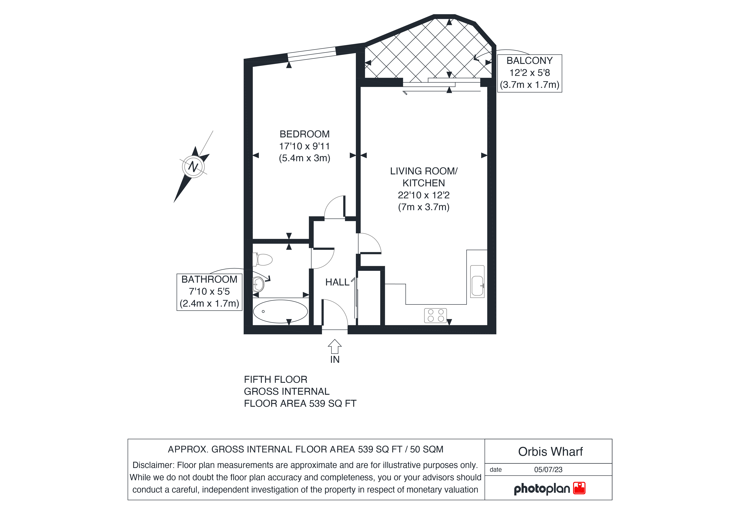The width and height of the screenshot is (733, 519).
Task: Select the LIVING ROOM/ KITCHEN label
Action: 424,177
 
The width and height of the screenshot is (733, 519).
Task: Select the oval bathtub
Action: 280,311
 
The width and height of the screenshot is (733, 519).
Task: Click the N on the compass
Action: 193,167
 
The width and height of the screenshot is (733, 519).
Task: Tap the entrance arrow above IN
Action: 335,346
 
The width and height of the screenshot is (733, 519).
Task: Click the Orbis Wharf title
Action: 550,452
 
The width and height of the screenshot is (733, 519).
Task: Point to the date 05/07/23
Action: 548,469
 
